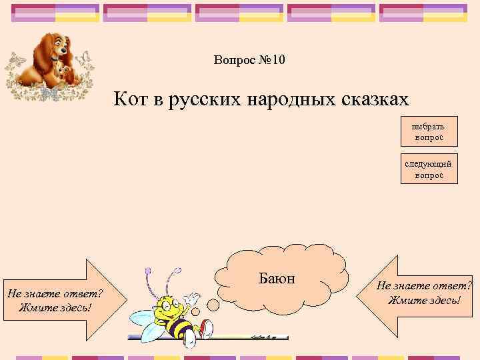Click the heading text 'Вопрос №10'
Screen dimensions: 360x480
[x=249, y=61]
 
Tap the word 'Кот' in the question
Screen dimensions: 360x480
[x=131, y=100]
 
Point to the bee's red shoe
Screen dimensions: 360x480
[x=207, y=327]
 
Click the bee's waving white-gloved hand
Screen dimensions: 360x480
[x=191, y=298]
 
